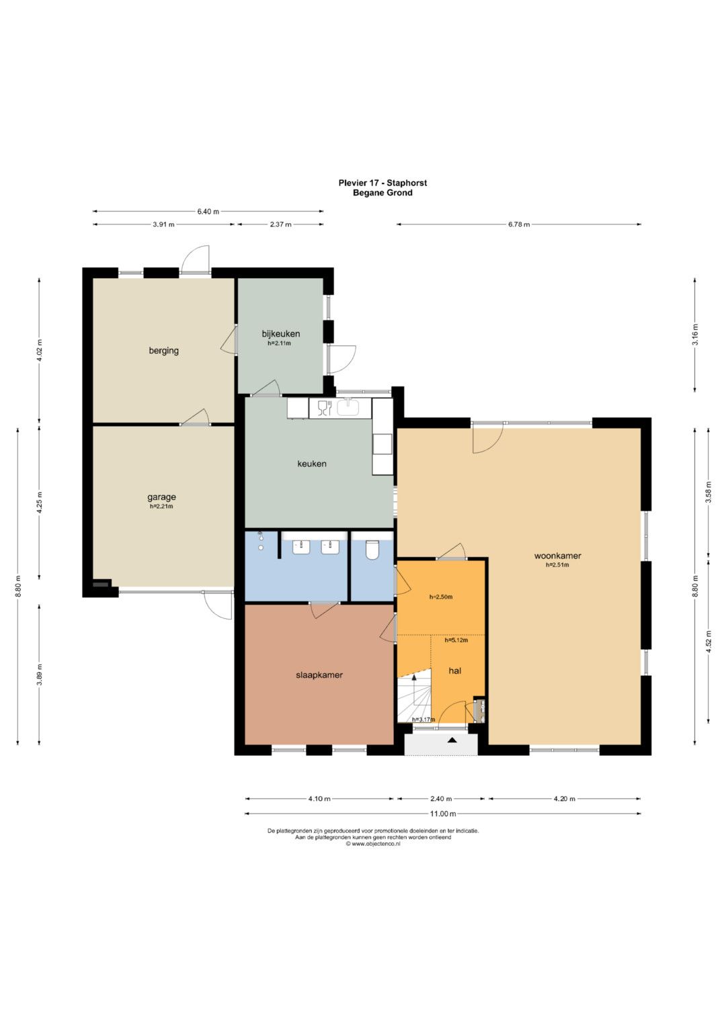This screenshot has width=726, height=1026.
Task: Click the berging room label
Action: (x=163, y=351)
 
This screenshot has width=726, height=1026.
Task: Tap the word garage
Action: (x=161, y=497)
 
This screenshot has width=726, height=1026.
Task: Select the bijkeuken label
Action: (x=280, y=334)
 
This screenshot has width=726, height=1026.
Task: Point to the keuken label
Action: (x=312, y=464)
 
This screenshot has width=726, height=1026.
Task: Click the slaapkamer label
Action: (x=319, y=675)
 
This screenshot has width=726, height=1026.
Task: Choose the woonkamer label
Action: (x=557, y=556)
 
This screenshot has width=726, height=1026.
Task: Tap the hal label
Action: (x=454, y=671)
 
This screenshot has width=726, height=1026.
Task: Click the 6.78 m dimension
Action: (x=518, y=224)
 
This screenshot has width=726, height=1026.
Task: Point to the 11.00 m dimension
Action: (x=443, y=814)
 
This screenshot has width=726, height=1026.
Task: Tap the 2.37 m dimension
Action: (x=280, y=224)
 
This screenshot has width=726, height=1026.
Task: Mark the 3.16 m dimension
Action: (x=695, y=335)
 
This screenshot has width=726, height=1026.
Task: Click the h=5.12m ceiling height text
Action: (x=456, y=640)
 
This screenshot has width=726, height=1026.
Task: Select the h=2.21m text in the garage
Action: (x=161, y=507)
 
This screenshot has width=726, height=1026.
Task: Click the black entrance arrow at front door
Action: (x=452, y=740)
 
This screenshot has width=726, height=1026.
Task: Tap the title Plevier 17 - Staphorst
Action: (x=382, y=183)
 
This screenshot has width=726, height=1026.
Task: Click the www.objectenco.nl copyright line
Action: (x=373, y=844)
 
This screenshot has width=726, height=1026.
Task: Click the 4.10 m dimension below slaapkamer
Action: (x=319, y=799)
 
